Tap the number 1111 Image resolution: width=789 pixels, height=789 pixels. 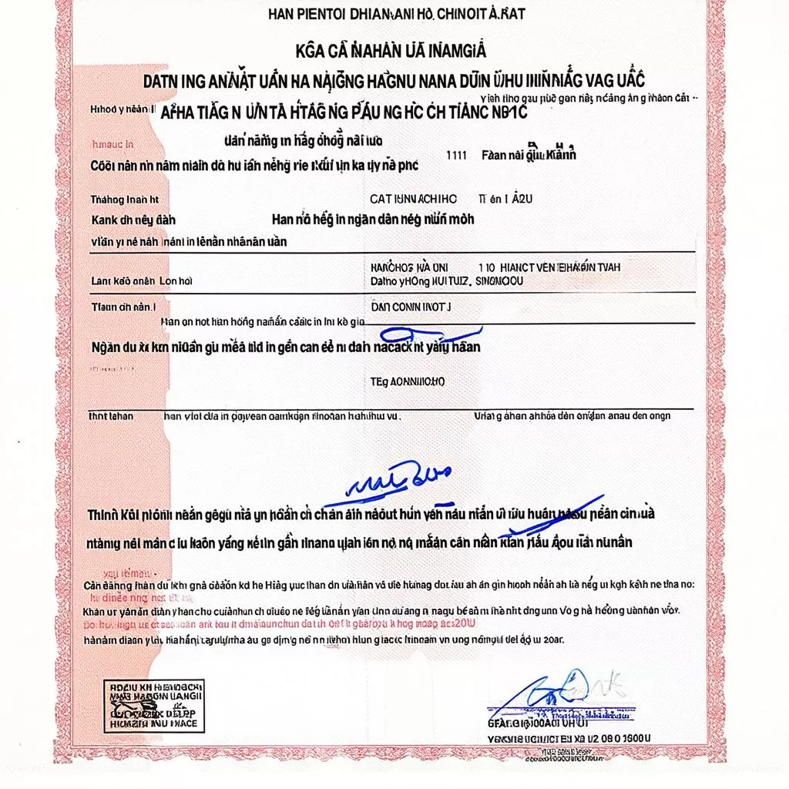pos(456,154)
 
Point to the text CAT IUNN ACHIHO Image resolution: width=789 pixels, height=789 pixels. pos(413,199)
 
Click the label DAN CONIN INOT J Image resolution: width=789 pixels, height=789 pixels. pos(411,307)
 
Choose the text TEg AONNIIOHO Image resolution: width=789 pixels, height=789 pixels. pos(408,381)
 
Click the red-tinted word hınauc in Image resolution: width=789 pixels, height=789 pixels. pos(112,144)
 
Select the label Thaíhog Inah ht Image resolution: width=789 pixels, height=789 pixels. pos(124,200)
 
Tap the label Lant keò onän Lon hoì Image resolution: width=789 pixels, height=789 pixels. pos(141,281)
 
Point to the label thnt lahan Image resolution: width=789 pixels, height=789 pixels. pos(112,416)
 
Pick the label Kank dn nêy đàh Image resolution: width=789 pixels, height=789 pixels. pos(133,220)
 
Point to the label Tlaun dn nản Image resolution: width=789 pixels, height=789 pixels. pos(123,307)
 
